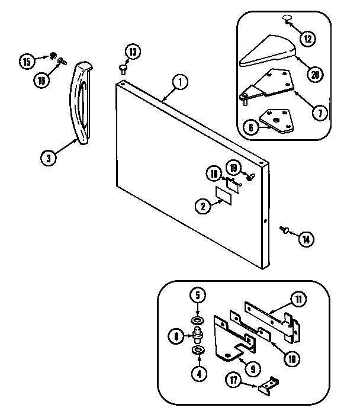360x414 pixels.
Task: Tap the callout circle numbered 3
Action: [x=49, y=158]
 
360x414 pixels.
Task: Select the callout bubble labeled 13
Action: [x=133, y=52]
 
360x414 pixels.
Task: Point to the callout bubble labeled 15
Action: [x=27, y=60]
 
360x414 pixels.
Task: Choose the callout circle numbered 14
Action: [x=306, y=239]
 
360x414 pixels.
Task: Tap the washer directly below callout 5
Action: [x=197, y=321]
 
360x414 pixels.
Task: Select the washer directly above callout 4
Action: [x=197, y=352]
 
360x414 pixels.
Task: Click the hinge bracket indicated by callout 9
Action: [x=231, y=344]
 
